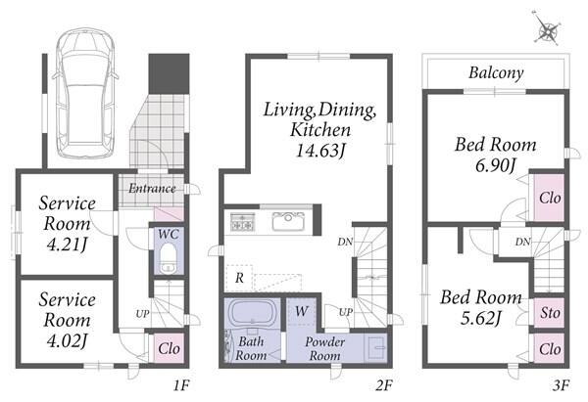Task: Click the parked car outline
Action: (85, 93)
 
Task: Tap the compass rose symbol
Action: (548, 29)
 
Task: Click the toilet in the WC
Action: (169, 258)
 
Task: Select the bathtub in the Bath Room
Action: (252, 312)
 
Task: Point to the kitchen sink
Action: (288, 221)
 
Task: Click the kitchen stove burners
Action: (243, 221)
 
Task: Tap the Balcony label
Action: (496, 72)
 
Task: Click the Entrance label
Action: (152, 188)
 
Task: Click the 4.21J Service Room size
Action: (67, 245)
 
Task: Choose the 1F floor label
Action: (182, 385)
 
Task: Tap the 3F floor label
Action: (561, 385)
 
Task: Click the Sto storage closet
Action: (549, 313)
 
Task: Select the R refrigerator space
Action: (239, 278)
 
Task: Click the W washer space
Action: (301, 311)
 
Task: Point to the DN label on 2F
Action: (345, 242)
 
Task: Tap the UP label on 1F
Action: (142, 314)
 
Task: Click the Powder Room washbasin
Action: (375, 348)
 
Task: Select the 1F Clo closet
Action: (170, 348)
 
